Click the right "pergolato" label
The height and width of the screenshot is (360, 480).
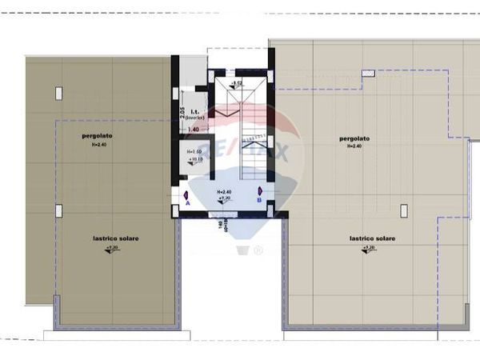354,138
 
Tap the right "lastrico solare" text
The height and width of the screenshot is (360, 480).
372,238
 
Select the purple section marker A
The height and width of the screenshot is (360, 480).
186,195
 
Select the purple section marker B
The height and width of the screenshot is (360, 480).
260,192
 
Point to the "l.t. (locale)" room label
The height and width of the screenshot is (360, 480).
197,114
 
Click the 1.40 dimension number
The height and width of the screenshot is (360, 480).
193,129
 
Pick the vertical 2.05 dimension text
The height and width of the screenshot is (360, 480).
182,112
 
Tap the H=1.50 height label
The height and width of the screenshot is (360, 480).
194,151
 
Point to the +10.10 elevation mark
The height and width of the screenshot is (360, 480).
194,160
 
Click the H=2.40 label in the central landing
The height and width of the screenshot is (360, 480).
224,192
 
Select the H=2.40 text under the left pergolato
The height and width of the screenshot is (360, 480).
98,145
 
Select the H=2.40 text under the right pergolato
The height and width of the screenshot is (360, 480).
354,146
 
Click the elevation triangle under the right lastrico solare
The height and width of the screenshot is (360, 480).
367,249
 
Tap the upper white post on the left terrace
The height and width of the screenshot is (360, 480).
58,94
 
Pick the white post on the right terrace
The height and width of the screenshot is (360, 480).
404,210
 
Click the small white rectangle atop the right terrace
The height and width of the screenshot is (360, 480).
368,73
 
